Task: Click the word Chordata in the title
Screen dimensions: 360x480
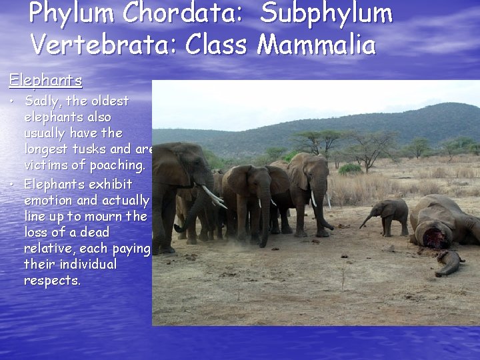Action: (167, 13)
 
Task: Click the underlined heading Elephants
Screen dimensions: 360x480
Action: (45, 81)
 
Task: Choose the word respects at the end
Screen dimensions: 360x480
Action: (52, 281)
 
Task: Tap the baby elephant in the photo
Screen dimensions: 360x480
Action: (390, 215)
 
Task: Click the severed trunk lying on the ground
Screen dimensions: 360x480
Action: (448, 262)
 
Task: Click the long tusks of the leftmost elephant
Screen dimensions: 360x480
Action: (213, 196)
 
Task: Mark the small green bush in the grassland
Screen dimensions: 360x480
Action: (350, 169)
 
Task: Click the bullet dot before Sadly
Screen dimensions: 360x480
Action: (13, 102)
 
